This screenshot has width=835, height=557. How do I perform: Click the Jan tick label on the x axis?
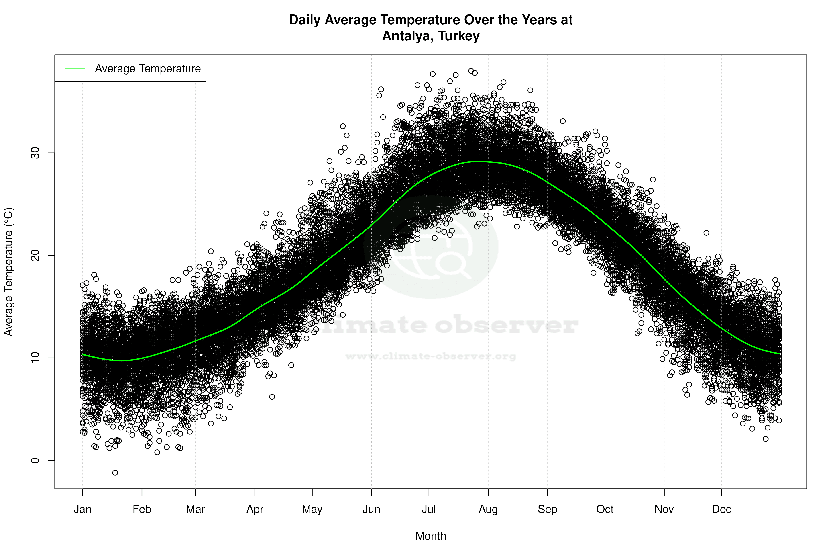pyautogui.click(x=82, y=509)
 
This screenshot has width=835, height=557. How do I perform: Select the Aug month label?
pyautogui.click(x=488, y=509)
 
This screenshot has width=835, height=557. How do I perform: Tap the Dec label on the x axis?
pyautogui.click(x=721, y=509)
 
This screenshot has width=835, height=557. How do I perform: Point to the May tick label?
pyautogui.click(x=312, y=509)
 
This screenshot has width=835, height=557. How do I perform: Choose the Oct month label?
pyautogui.click(x=605, y=509)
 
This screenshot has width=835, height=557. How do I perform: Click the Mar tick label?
pyautogui.click(x=195, y=509)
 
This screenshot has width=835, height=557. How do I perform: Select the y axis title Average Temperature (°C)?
pyautogui.click(x=8, y=272)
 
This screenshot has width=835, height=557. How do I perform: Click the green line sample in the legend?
pyautogui.click(x=75, y=68)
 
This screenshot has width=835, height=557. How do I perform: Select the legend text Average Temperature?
pyautogui.click(x=148, y=68)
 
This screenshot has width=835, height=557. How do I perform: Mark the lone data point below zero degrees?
pyautogui.click(x=115, y=473)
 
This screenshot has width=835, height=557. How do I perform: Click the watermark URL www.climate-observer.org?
pyautogui.click(x=431, y=356)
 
